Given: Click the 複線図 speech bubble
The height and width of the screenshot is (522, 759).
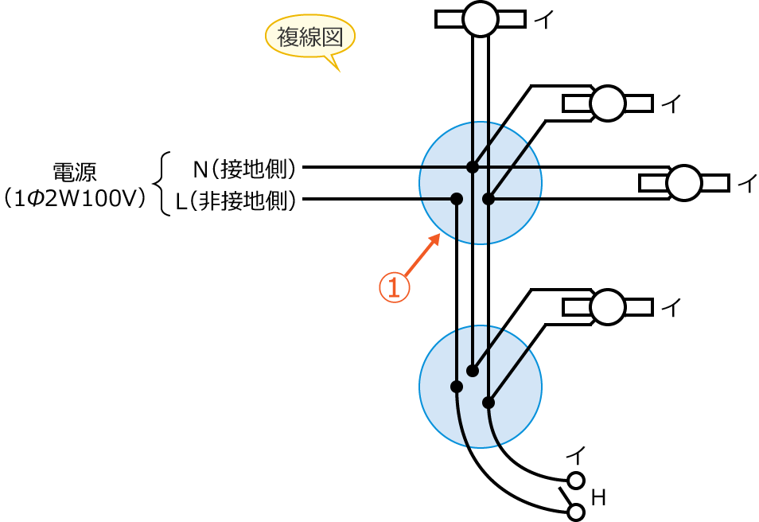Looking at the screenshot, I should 309,37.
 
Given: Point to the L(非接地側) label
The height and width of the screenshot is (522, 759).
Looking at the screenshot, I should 236,202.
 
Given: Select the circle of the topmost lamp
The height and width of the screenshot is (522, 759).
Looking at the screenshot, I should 480,18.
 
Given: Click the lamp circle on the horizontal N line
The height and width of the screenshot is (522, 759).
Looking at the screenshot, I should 683,183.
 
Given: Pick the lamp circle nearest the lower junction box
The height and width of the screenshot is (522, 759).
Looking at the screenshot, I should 608,307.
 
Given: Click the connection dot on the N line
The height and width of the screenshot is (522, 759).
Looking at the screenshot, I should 473,167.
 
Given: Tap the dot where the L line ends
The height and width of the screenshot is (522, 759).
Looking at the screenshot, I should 457,199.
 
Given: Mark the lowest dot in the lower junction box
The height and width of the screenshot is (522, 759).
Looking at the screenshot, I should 488,403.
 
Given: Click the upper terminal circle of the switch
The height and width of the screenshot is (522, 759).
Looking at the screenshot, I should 576,480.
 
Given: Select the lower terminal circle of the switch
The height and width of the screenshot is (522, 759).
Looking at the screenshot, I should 576,512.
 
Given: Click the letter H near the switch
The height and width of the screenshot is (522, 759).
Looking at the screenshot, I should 599,499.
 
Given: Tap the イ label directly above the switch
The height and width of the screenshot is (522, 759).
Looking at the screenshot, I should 576,456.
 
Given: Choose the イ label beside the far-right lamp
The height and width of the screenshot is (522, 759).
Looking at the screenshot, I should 747,184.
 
